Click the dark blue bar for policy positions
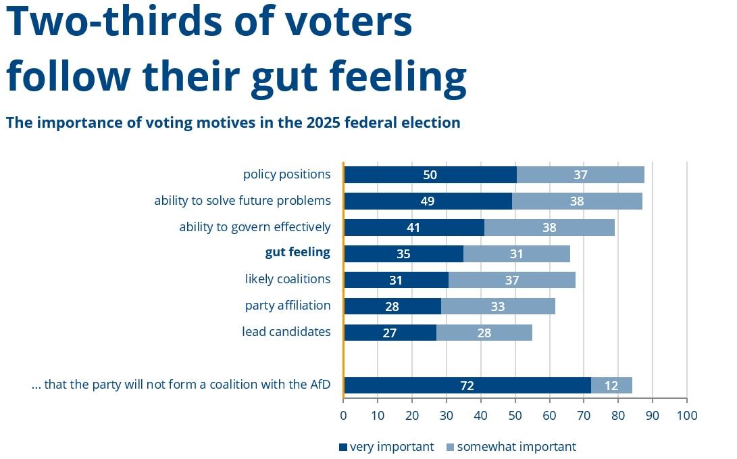(x=430, y=174)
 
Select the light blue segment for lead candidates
(x=484, y=333)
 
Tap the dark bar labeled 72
(x=467, y=385)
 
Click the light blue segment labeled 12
(x=611, y=385)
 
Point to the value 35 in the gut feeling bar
(x=403, y=254)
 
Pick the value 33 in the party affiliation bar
(x=498, y=306)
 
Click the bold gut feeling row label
(x=297, y=252)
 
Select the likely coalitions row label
(x=288, y=279)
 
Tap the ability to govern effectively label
(x=255, y=226)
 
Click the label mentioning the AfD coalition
(x=181, y=385)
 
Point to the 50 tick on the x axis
(x=515, y=414)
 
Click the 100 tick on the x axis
(x=686, y=414)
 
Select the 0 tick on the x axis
(x=343, y=414)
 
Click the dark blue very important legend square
(x=342, y=447)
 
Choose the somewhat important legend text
(x=516, y=446)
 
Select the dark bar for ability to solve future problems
(x=427, y=201)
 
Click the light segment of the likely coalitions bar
(x=511, y=280)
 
